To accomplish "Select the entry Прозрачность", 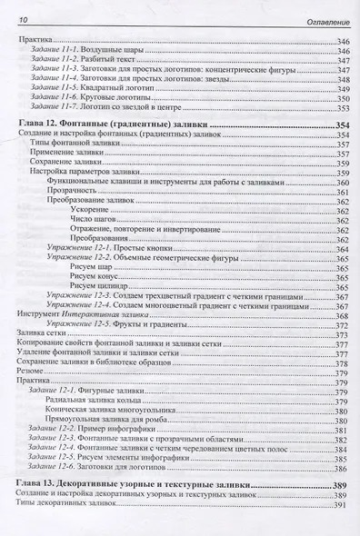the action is [74, 194].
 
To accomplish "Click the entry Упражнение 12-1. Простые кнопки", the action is [103, 249].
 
